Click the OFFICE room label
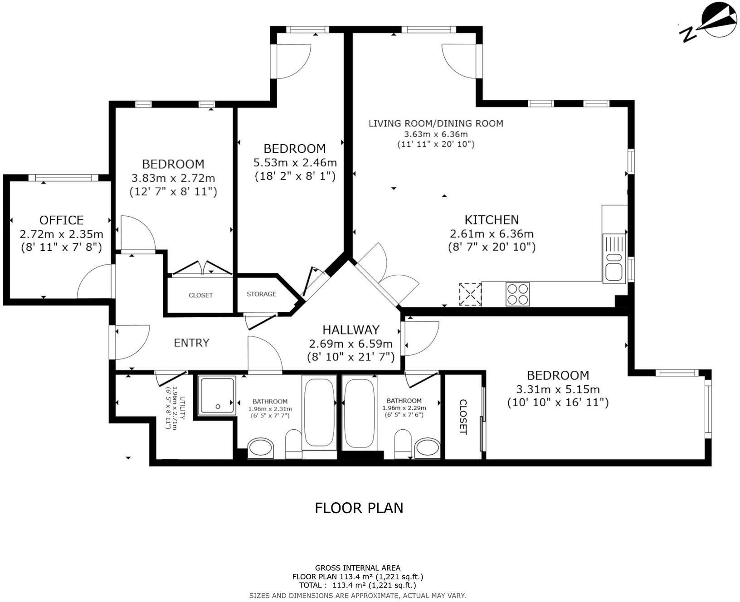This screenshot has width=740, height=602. [x=61, y=220]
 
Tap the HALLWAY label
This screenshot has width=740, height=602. [x=351, y=330]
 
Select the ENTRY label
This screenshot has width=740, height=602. [x=191, y=343]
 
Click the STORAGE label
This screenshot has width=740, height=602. [x=261, y=294]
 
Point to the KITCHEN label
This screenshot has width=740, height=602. [x=492, y=220]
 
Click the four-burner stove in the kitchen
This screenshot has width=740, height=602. [x=517, y=294]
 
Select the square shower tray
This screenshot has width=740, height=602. [x=217, y=395]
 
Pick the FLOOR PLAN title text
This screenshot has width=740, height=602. [x=359, y=508]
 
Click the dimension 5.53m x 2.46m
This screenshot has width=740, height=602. [x=295, y=162]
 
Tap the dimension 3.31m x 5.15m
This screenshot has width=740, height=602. [x=558, y=389]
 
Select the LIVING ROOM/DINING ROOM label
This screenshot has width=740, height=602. [x=436, y=123]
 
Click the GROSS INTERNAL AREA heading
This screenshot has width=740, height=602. [x=357, y=568]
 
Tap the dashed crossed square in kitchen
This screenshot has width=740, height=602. [x=470, y=294]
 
